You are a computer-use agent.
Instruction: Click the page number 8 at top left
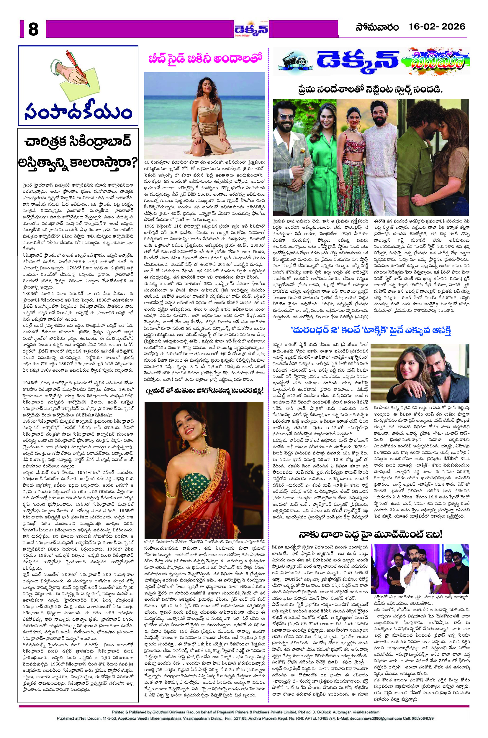click(33, 30)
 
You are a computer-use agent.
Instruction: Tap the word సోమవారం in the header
click(377, 27)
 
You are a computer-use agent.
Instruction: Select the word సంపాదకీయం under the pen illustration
click(78, 112)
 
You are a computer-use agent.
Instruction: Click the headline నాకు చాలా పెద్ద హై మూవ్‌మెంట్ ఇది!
click(370, 534)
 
